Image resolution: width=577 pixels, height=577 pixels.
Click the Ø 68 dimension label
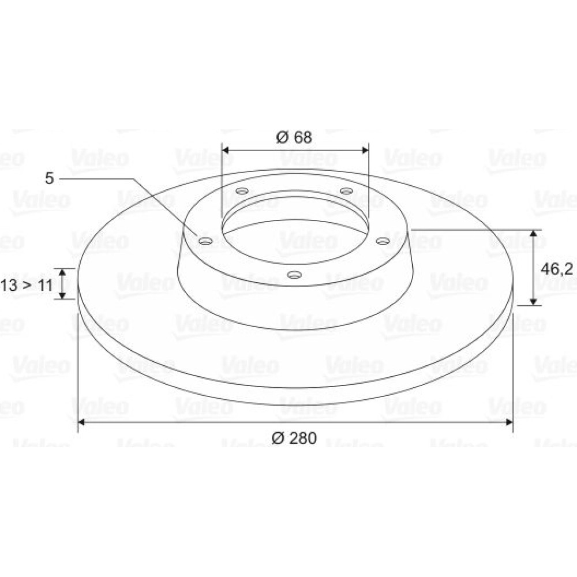[x=294, y=137]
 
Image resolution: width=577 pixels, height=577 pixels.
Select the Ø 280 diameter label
[x=294, y=438]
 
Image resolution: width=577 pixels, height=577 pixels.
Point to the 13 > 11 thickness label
[x=27, y=285]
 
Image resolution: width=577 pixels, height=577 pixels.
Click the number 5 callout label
[x=49, y=178]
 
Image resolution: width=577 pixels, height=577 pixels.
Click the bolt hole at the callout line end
[x=206, y=241]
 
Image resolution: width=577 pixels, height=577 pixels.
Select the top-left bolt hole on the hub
[x=242, y=191]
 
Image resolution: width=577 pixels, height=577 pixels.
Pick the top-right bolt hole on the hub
[x=346, y=190]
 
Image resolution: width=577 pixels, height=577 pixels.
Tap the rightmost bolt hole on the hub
[x=383, y=241]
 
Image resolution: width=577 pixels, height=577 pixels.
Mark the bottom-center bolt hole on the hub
[x=294, y=275]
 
